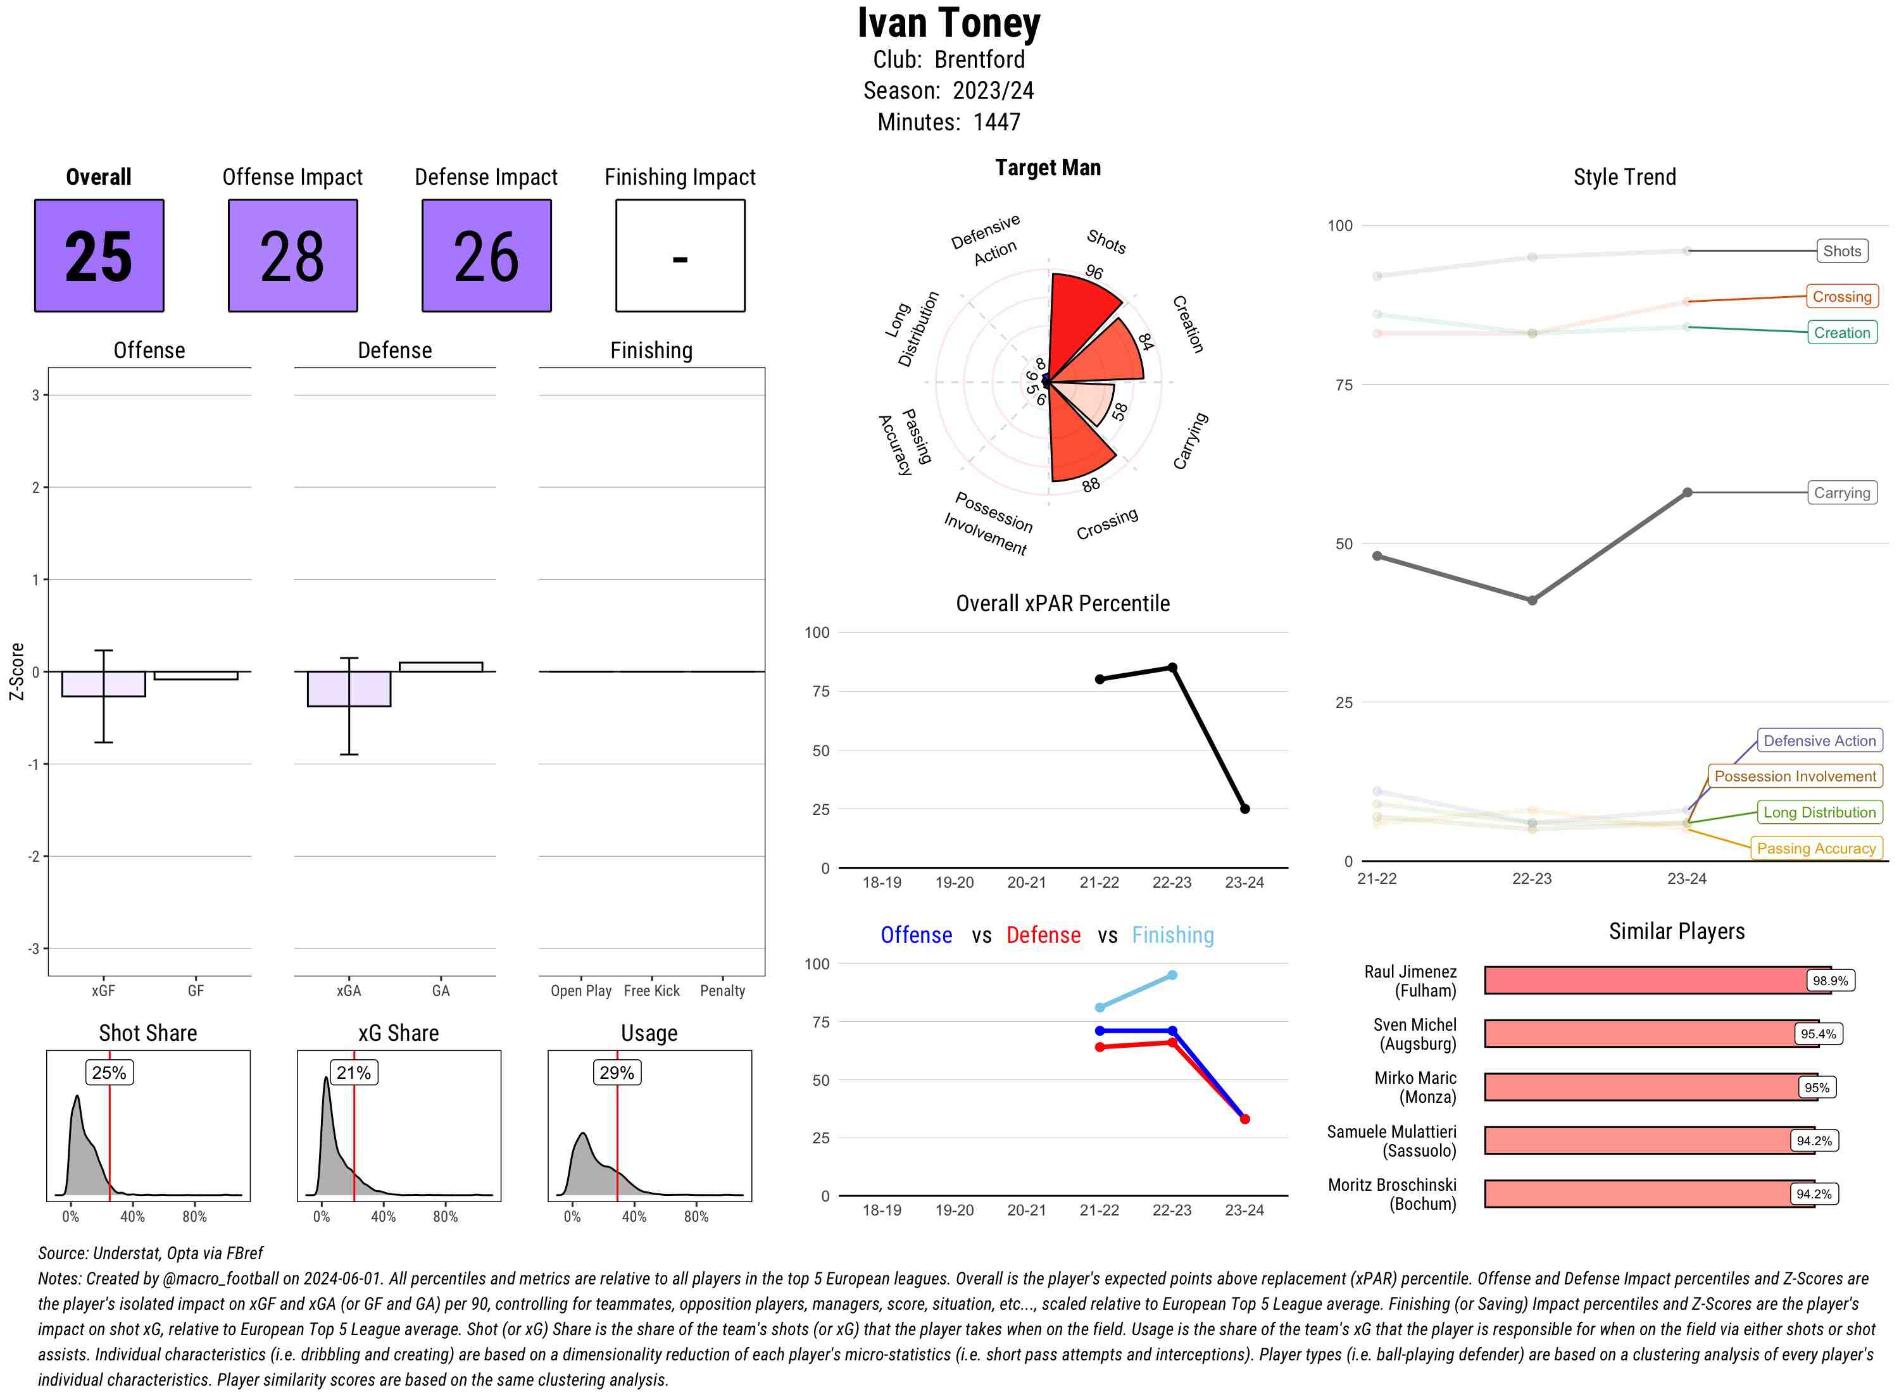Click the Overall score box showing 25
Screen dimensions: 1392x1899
(99, 256)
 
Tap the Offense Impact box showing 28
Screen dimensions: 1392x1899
(292, 256)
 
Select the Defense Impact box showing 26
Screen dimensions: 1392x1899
(486, 256)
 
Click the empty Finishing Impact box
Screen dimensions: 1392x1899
(680, 256)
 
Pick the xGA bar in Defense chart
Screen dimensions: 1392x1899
(349, 688)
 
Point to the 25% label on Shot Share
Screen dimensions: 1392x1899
(109, 1072)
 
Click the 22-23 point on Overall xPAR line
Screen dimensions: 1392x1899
(1172, 668)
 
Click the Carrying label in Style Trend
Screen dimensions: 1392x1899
(1841, 493)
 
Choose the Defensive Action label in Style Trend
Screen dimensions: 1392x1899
(1819, 741)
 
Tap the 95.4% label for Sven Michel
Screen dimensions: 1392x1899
(1817, 1034)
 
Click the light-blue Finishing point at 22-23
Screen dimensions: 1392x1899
(1172, 975)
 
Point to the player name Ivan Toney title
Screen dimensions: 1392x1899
(949, 23)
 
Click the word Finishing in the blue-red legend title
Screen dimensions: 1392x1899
(1172, 935)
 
